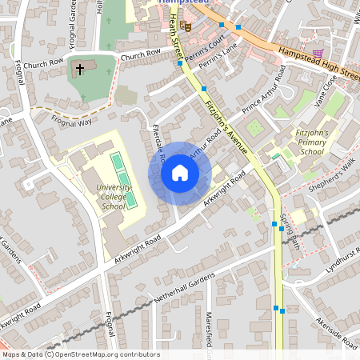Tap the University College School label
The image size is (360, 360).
pyautogui.click(x=112, y=196)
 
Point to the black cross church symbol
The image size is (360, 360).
pyautogui.click(x=80, y=70)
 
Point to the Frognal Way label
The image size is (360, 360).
pyautogui.click(x=72, y=120)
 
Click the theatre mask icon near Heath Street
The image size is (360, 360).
pyautogui.click(x=186, y=26)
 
